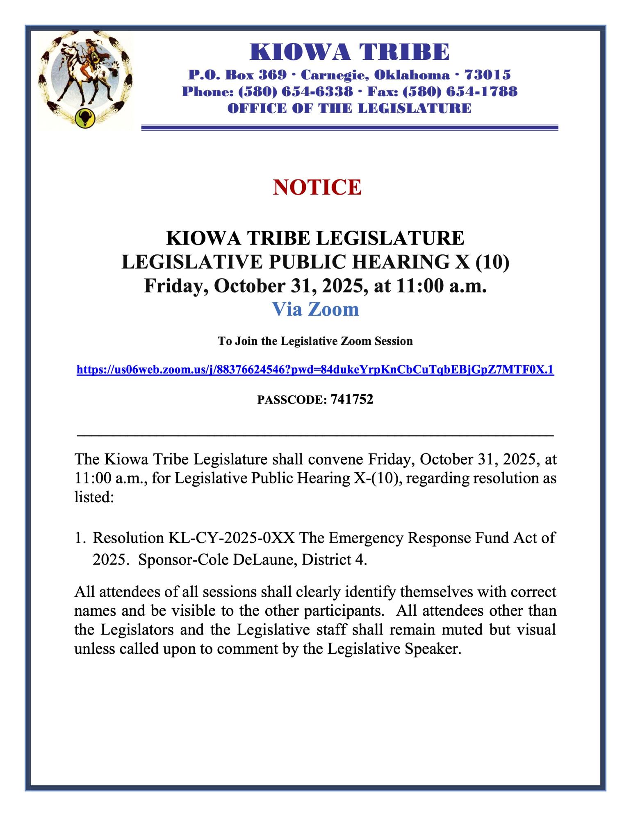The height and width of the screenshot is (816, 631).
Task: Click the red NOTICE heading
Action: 317,187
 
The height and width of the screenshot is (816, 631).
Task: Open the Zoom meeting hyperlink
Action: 315,370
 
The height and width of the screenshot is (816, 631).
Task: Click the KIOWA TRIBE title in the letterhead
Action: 350,52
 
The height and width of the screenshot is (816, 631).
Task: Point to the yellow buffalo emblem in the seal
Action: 85,118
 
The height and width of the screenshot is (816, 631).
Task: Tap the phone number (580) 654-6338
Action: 296,91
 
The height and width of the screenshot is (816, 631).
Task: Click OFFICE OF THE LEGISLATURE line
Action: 349,109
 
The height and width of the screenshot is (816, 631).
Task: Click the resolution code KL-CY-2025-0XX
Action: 232,538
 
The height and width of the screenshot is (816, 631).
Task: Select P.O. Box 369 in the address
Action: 237,75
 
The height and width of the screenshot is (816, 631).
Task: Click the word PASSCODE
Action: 290,400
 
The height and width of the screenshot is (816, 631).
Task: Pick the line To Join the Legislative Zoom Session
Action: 315,341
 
